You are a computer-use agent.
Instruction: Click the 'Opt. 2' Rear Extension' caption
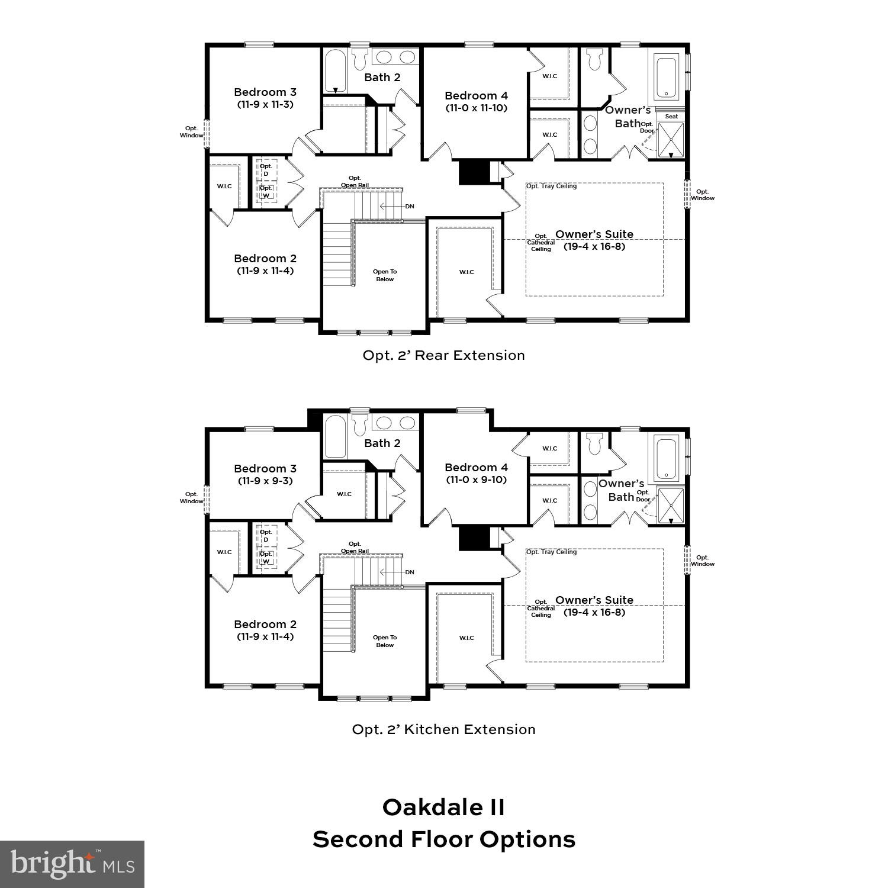pos(443,355)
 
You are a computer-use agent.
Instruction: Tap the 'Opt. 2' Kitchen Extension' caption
pos(443,729)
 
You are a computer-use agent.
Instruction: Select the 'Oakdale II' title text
pos(443,807)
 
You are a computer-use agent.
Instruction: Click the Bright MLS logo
pos(72,864)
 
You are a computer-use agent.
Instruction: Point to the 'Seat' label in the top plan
pos(671,117)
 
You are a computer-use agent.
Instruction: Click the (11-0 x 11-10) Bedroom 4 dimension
pos(476,108)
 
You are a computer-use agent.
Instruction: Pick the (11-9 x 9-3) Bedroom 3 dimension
pos(265,481)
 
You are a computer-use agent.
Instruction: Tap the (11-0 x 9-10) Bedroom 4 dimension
pos(476,480)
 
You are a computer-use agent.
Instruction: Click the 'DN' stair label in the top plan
pos(410,207)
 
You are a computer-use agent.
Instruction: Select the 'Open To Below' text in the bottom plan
pos(385,641)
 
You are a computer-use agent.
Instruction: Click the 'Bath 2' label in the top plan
pos(382,78)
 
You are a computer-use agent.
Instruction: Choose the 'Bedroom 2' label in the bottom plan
pos(265,625)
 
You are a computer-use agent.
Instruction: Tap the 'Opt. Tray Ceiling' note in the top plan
pos(551,186)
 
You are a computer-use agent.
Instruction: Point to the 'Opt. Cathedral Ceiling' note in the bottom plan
pos(540,609)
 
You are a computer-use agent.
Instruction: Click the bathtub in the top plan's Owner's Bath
pos(667,78)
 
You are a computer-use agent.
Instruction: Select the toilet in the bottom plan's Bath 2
pos(359,426)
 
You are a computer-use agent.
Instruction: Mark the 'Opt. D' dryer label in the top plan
pos(266,170)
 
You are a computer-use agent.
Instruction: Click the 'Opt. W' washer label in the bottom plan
pos(266,558)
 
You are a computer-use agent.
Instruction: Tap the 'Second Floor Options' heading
pos(443,839)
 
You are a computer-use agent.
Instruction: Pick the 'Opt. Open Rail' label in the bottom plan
pos(355,548)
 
